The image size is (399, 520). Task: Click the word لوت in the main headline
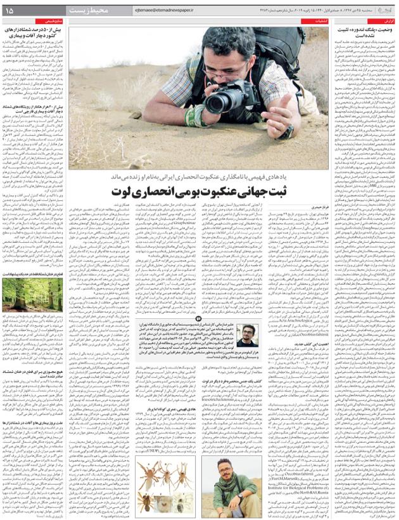tap(120, 190)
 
